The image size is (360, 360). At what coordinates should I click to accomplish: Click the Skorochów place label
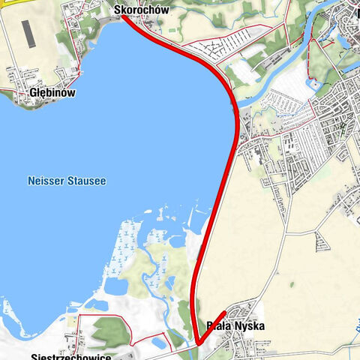click(x=141, y=10)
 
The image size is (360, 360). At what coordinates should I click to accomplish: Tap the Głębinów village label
click(x=51, y=92)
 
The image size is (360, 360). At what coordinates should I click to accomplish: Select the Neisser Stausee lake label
click(x=67, y=181)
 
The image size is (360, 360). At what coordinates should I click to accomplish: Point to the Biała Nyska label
click(x=235, y=327)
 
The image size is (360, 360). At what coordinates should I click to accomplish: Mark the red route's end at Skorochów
click(x=122, y=16)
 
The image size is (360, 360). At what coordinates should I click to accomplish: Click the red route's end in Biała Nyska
click(x=226, y=311)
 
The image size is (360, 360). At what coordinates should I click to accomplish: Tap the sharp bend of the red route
click(x=199, y=343)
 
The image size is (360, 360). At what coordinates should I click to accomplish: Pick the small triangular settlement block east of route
click(x=322, y=241)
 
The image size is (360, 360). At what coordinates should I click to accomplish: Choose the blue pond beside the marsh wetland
click(x=116, y=286)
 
